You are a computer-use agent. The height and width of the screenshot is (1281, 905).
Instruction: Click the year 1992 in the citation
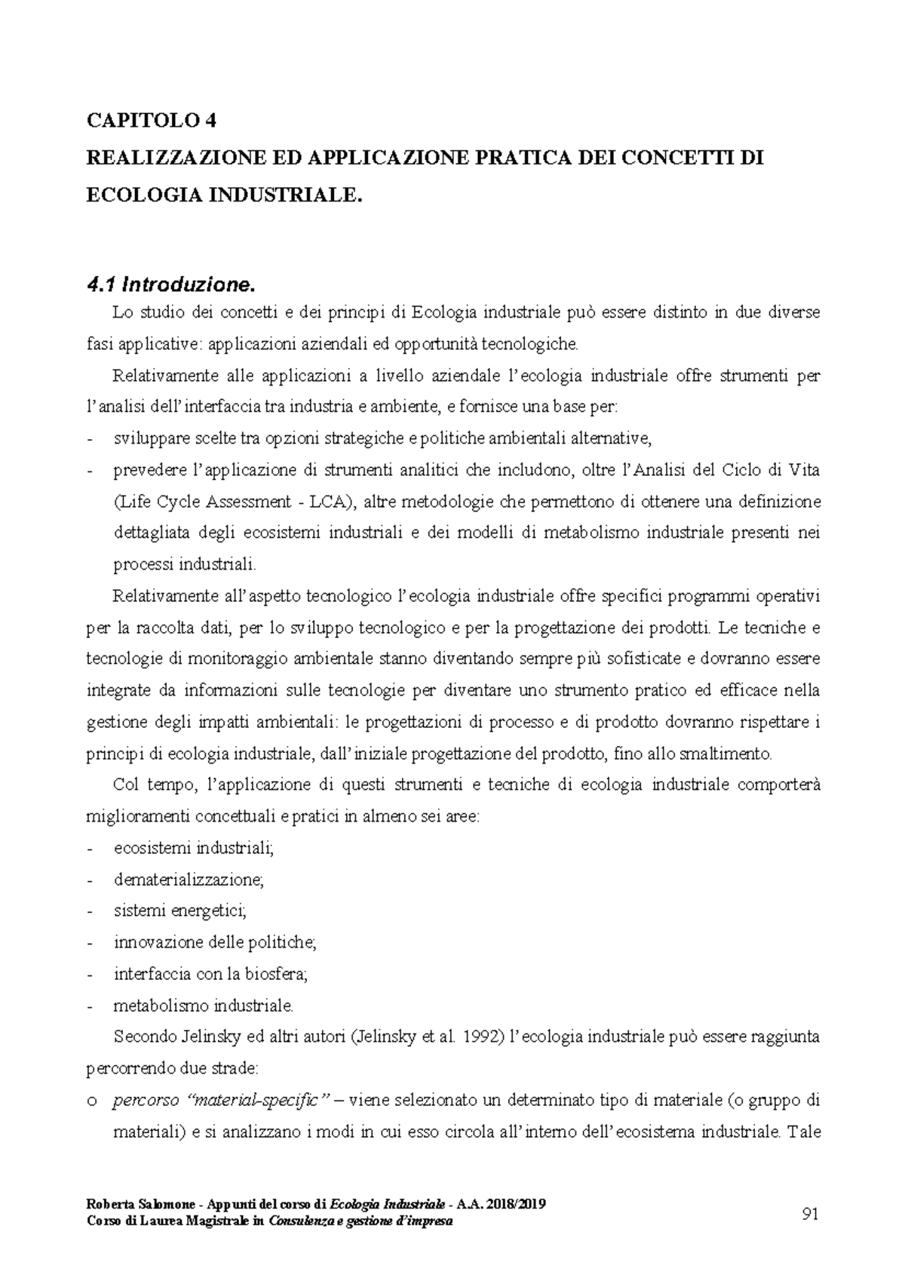[x=480, y=1037]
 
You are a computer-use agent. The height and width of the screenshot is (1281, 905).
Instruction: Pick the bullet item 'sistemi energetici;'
[x=180, y=911]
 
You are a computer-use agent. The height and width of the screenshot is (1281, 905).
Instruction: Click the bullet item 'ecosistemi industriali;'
[x=194, y=848]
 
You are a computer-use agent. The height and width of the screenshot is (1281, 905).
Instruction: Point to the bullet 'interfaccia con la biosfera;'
[x=211, y=974]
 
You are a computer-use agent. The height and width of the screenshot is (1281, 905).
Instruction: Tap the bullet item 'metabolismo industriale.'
[x=202, y=1006]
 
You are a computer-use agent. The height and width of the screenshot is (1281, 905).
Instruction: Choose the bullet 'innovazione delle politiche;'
[x=215, y=942]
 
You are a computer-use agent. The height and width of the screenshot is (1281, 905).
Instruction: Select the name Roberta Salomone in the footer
[x=138, y=1204]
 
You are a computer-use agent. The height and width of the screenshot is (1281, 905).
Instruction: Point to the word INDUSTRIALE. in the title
[x=285, y=195]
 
